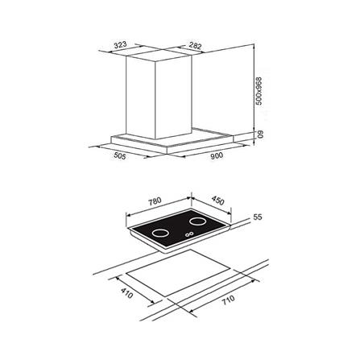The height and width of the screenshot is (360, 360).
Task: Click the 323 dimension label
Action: pyautogui.click(x=120, y=45)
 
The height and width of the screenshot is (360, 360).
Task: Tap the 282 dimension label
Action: pyautogui.click(x=195, y=45)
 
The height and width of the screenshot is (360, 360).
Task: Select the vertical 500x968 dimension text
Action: pyautogui.click(x=259, y=91)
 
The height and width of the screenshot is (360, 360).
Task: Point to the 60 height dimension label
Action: pyautogui.click(x=260, y=134)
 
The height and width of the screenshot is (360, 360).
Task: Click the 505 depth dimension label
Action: pyautogui.click(x=120, y=155)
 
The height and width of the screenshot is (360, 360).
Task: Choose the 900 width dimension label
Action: pyautogui.click(x=217, y=155)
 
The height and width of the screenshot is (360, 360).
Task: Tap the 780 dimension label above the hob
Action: pyautogui.click(x=155, y=201)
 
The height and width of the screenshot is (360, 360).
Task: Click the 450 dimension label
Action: pyautogui.click(x=217, y=201)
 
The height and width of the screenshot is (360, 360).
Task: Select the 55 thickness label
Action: pyautogui.click(x=258, y=217)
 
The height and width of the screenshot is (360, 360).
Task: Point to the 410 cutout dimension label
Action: pyautogui.click(x=126, y=293)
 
